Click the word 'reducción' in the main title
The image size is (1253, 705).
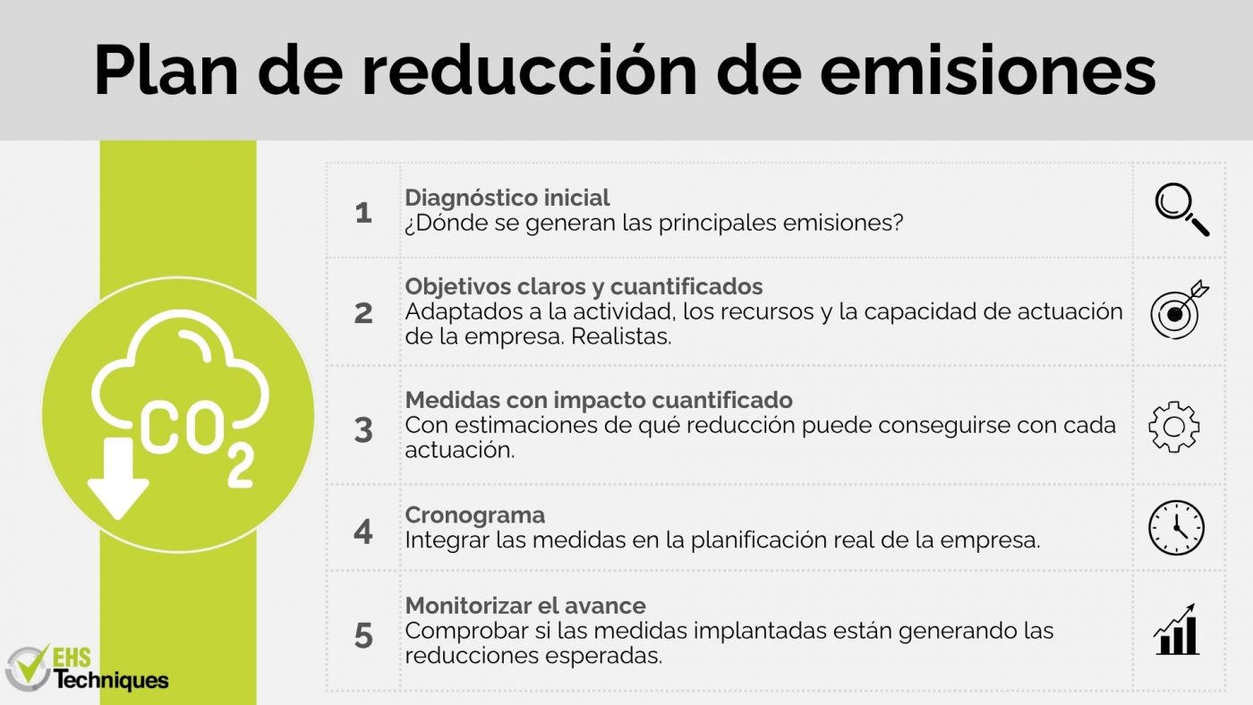[529, 69]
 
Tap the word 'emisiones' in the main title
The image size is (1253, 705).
[988, 71]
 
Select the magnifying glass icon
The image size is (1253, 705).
[1181, 209]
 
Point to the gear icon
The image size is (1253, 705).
[1174, 427]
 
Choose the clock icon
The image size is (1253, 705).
[1176, 528]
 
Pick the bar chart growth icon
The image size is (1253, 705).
[1176, 630]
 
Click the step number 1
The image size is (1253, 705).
[363, 213]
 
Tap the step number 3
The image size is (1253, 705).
[363, 430]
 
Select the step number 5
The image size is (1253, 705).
[363, 636]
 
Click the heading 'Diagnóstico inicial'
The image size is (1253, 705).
[507, 198]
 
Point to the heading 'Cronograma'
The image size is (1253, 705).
[475, 515]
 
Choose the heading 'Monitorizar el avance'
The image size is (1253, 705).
[525, 606]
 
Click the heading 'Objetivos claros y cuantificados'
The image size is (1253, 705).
[584, 286]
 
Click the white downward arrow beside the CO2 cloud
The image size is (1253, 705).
[118, 478]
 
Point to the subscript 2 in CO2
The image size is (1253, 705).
[241, 467]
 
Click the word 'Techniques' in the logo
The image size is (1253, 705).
[111, 681]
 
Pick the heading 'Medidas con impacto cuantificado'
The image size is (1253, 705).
[599, 400]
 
